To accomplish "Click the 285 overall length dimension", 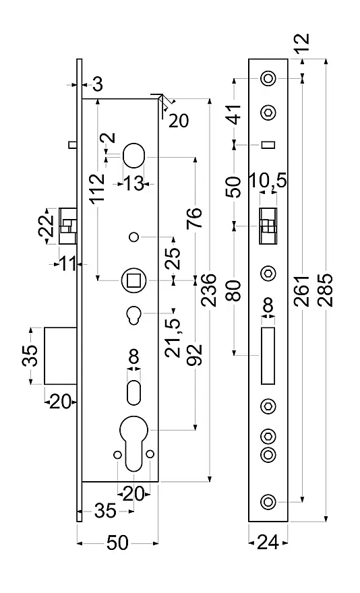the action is click(x=326, y=290).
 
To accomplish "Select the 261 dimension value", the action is click(x=302, y=290).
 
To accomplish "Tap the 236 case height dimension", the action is click(x=208, y=290).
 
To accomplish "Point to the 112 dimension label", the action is click(x=98, y=187).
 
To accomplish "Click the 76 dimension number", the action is click(x=195, y=218).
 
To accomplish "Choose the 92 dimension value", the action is click(x=195, y=355).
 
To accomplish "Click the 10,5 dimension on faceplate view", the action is click(x=268, y=181).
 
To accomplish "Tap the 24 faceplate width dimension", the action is click(x=268, y=543).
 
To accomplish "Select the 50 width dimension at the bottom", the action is click(x=117, y=543).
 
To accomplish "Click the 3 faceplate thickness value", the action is click(x=98, y=84).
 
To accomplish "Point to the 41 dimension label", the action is click(x=235, y=113).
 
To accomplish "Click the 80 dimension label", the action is click(x=235, y=290).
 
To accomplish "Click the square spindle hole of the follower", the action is click(x=133, y=280).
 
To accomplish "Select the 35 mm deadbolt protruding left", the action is click(x=61, y=356).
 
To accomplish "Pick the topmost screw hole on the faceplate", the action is click(x=268, y=79).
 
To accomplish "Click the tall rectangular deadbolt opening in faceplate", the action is click(x=268, y=356).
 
